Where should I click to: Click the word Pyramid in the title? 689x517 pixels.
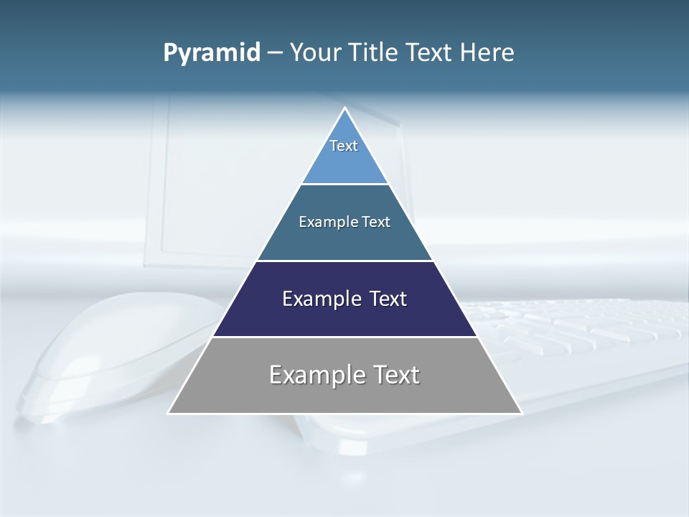tap(211, 53)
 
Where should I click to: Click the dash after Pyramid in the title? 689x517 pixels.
tap(274, 53)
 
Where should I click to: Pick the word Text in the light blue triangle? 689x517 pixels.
tap(344, 146)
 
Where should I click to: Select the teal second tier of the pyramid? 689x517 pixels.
tap(344, 241)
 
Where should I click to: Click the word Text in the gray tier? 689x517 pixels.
tap(393, 375)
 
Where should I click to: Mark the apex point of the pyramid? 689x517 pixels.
tap(345, 108)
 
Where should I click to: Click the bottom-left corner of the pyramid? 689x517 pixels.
tap(169, 413)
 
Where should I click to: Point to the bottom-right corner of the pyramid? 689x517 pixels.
tap(521, 413)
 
